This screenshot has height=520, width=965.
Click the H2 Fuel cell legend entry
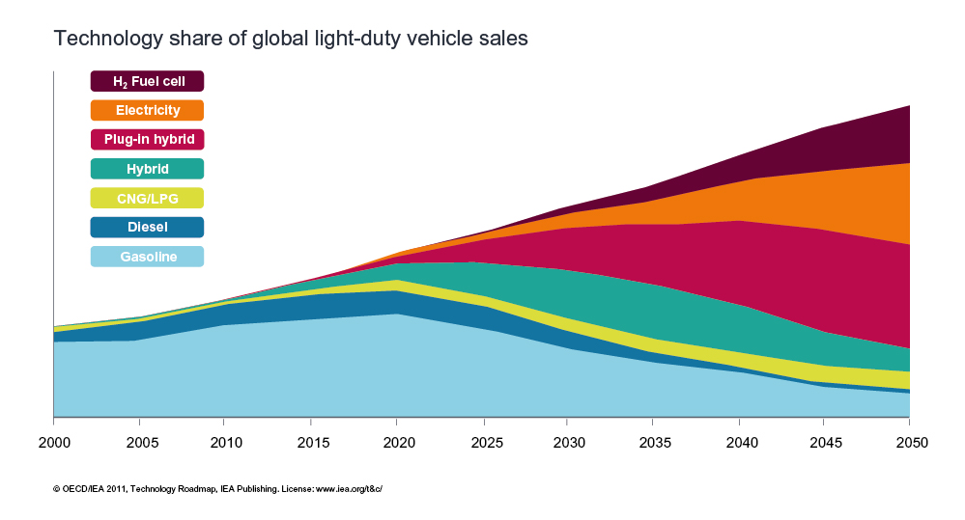pyautogui.click(x=147, y=81)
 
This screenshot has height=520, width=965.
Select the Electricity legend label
pyautogui.click(x=147, y=110)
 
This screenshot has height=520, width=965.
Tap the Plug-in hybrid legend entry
pyautogui.click(x=147, y=140)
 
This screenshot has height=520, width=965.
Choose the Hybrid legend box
pyautogui.click(x=147, y=169)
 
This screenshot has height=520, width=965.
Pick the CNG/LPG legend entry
pyautogui.click(x=147, y=198)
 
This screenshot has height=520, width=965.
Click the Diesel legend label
pyautogui.click(x=147, y=228)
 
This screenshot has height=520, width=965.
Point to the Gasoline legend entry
pyautogui.click(x=147, y=257)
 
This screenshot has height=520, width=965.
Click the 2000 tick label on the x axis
pyautogui.click(x=53, y=444)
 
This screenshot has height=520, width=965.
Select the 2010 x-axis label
pyautogui.click(x=224, y=444)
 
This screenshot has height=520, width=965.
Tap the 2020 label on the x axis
pyautogui.click(x=396, y=444)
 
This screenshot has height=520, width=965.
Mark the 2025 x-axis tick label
pyautogui.click(x=482, y=444)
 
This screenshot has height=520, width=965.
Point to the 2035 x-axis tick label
pyautogui.click(x=653, y=444)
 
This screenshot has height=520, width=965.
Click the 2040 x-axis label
pyautogui.click(x=739, y=444)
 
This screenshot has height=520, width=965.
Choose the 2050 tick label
pyautogui.click(x=910, y=444)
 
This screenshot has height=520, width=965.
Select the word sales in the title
pyautogui.click(x=502, y=40)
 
